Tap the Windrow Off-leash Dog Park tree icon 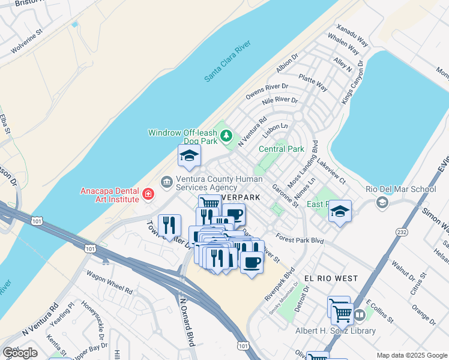pyautogui.click(x=226, y=136)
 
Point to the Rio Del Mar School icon pyautogui.click(x=381, y=202)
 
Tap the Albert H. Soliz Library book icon pyautogui.click(x=360, y=314)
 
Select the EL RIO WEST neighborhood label pyautogui.click(x=331, y=278)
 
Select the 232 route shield pyautogui.click(x=402, y=232)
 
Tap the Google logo pyautogui.click(x=20, y=353)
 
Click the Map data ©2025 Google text pyautogui.click(x=412, y=355)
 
